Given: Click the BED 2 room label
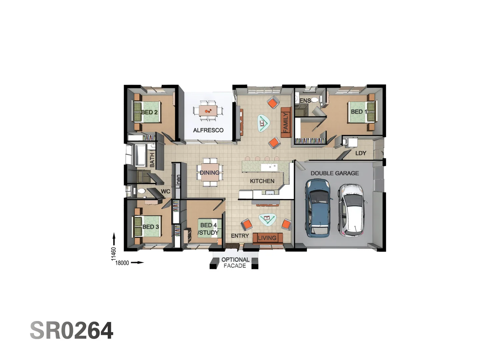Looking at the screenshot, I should [x=149, y=112].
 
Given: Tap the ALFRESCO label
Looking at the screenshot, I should [x=208, y=130].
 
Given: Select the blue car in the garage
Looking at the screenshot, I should [x=319, y=207].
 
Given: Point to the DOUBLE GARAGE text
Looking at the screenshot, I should [x=335, y=173].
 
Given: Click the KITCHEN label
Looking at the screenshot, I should [x=262, y=181].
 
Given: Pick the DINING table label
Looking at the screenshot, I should [x=210, y=173].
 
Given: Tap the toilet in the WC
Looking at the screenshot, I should [x=141, y=191].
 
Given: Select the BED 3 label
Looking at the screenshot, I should [x=151, y=227].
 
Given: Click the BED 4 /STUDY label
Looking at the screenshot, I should [x=209, y=229].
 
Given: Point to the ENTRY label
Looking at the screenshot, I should [x=240, y=236].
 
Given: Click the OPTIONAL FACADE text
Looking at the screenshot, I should [x=235, y=263].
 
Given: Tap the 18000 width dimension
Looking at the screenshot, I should [x=122, y=263].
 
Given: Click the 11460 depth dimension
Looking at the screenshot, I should [x=114, y=253].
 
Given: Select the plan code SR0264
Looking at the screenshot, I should [x=72, y=331].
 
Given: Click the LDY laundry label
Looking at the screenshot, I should [x=361, y=153].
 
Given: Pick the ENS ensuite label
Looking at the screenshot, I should [x=305, y=101].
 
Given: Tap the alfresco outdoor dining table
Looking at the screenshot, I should [x=208, y=110].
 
